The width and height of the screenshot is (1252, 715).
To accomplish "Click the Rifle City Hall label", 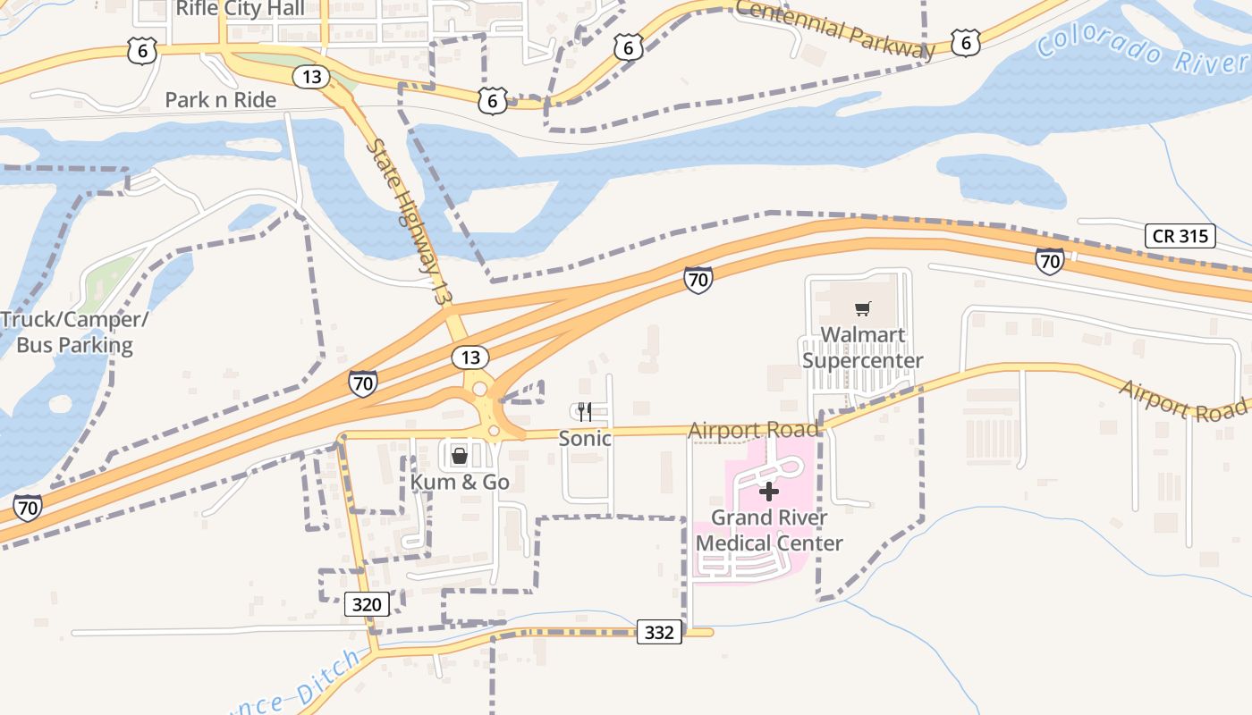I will pyautogui.click(x=240, y=9).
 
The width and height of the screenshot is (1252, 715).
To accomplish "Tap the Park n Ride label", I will pyautogui.click(x=220, y=100).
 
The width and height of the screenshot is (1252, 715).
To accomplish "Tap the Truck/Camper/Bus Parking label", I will pyautogui.click(x=74, y=332).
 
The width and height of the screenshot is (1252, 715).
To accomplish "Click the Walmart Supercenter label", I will pyautogui.click(x=862, y=348).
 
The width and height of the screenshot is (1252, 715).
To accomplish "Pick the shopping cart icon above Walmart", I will pyautogui.click(x=862, y=309).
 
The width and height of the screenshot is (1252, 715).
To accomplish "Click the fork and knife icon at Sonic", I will pyautogui.click(x=585, y=411).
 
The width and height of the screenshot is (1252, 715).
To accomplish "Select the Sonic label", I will pyautogui.click(x=585, y=438).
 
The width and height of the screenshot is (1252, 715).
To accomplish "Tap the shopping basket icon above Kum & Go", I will pyautogui.click(x=460, y=457).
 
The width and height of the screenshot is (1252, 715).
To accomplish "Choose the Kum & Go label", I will pyautogui.click(x=460, y=483).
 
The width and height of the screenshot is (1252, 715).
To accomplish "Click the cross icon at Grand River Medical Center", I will pyautogui.click(x=769, y=492).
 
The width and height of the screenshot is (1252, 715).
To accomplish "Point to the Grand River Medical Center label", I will pyautogui.click(x=769, y=530).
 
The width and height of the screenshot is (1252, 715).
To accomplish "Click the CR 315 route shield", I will pyautogui.click(x=1180, y=236).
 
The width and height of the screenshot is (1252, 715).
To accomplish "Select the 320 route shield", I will pyautogui.click(x=367, y=604).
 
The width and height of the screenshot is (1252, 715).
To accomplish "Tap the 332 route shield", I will pyautogui.click(x=660, y=633).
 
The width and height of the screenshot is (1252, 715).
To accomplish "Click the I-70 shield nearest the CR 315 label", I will pyautogui.click(x=1050, y=262).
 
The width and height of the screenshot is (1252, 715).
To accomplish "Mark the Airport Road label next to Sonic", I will pyautogui.click(x=753, y=431).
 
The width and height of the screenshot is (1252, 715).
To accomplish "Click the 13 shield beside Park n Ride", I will pyautogui.click(x=310, y=77).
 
